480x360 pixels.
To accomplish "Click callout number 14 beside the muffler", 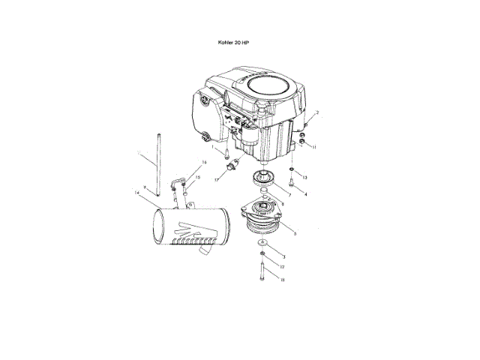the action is tap(136, 193).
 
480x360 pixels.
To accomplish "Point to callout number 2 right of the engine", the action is tap(317, 112).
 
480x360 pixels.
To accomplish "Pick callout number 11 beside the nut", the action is tap(314, 148).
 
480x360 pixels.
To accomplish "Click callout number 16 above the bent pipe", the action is tap(203, 163).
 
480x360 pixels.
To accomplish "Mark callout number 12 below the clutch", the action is tap(281, 266).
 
